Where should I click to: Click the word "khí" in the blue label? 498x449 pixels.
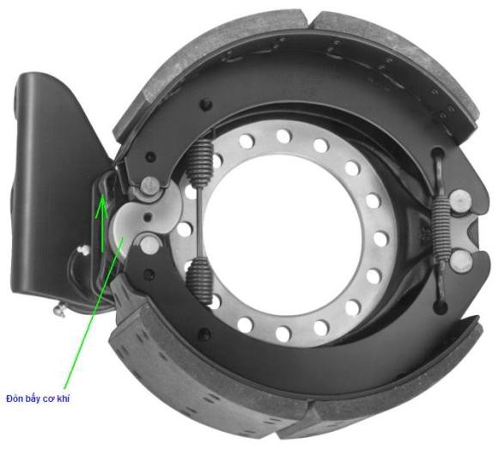(x=63, y=399)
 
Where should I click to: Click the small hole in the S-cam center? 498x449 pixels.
(x=148, y=217)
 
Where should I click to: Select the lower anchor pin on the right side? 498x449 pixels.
(x=460, y=261)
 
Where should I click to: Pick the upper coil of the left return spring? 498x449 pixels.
(x=200, y=161)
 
